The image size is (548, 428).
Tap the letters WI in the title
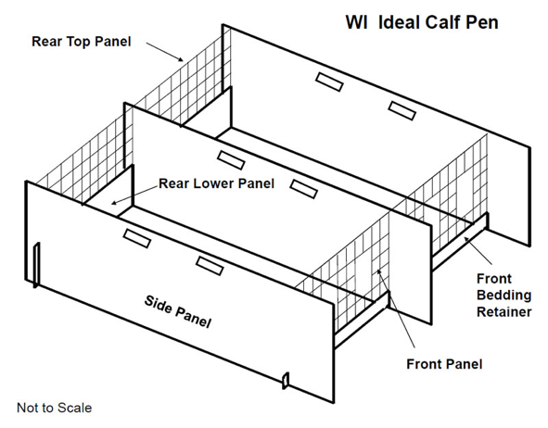point(356,22)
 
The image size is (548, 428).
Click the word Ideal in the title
point(399,22)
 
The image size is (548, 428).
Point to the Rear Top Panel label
point(81,41)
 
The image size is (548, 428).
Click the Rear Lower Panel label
point(216,183)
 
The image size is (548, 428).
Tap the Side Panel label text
point(178,312)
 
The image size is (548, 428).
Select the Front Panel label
point(444,364)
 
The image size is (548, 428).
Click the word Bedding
point(503,296)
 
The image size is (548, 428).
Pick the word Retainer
point(504,312)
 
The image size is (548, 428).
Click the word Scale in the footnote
point(74,408)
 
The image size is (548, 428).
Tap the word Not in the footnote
point(26,408)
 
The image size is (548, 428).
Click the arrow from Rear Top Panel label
point(165,52)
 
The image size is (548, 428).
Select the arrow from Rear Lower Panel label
point(134,195)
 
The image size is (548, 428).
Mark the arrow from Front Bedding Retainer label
point(478,250)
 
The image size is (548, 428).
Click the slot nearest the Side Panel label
point(210,266)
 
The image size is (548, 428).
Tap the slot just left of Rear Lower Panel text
point(137,238)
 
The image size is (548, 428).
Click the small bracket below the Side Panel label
point(286,381)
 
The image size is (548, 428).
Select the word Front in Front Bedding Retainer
point(494,279)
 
